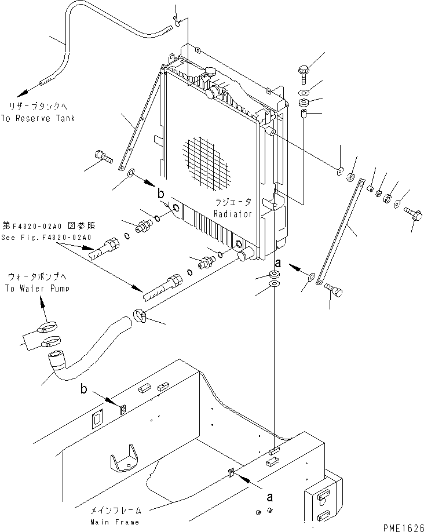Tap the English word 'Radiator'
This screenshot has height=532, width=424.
pyautogui.click(x=233, y=213)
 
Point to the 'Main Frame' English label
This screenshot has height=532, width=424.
pyautogui.click(x=115, y=522)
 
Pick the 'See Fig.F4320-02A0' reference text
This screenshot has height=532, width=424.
pyautogui.click(x=46, y=236)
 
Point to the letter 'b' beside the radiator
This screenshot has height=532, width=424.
pyautogui.click(x=162, y=194)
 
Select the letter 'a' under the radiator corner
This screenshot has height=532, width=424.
pyautogui.click(x=278, y=263)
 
